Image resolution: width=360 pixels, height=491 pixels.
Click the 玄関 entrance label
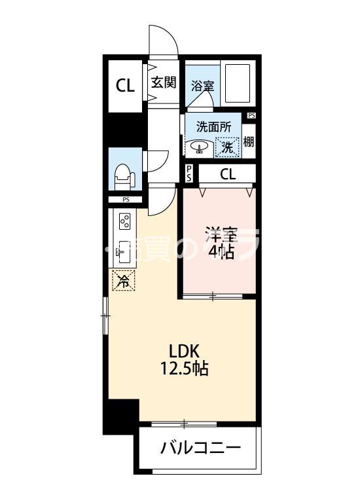coord(164,82)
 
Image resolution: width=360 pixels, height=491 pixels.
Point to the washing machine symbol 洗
coord(227,147)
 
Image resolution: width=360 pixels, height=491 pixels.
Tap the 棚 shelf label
coord(249,141)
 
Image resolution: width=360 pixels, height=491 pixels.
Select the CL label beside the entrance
coord(126,86)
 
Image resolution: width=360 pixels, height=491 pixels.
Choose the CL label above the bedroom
coord(227,174)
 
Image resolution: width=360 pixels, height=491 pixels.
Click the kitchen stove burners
coord(124,222)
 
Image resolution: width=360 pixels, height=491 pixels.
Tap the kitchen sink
coord(122,251)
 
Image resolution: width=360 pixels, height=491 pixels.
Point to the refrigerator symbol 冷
coord(124,281)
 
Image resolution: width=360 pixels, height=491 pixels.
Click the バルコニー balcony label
coord(200,449)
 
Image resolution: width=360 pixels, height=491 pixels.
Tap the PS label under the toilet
coord(126,200)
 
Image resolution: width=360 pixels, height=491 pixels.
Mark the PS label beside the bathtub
coord(251,116)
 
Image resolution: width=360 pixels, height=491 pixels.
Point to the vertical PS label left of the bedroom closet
coord(189,173)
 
